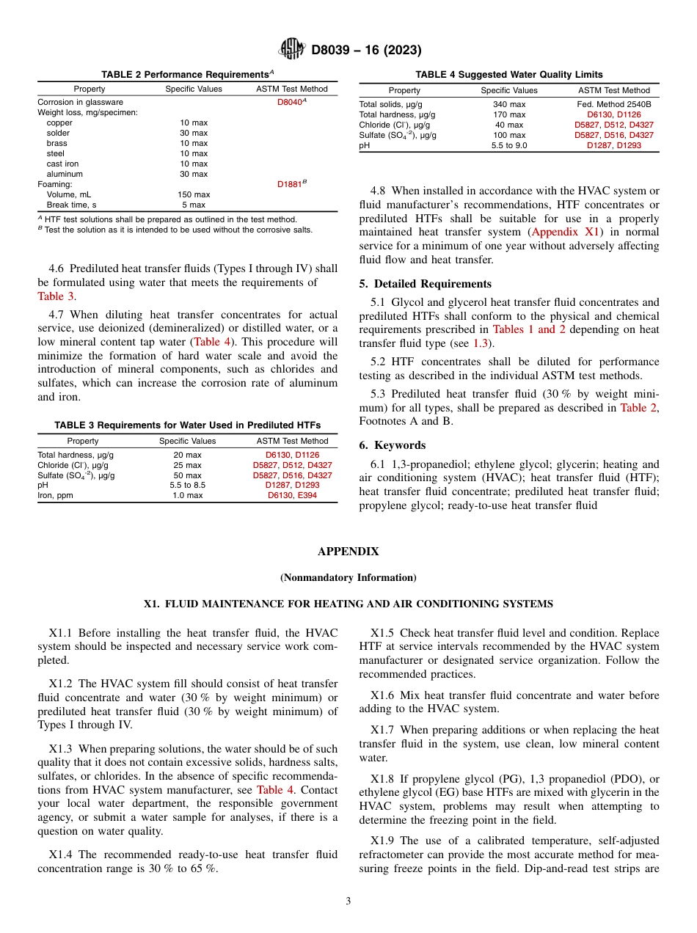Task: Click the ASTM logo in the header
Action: tap(292, 50)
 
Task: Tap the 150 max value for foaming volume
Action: tap(194, 194)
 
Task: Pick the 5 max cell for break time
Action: tap(194, 205)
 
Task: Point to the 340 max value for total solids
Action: tap(508, 104)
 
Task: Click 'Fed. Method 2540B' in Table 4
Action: tap(613, 104)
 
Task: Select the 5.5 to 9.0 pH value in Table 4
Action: tap(508, 145)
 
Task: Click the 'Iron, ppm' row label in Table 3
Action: tap(56, 495)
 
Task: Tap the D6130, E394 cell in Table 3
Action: tap(292, 495)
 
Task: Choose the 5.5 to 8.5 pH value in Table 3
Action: tap(187, 485)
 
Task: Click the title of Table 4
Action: tap(508, 74)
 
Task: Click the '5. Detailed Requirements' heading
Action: tap(426, 284)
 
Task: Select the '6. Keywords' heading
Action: tap(392, 445)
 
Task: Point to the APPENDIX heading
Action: tap(348, 551)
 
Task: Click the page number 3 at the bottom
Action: tap(348, 901)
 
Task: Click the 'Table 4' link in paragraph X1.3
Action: tap(274, 790)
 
